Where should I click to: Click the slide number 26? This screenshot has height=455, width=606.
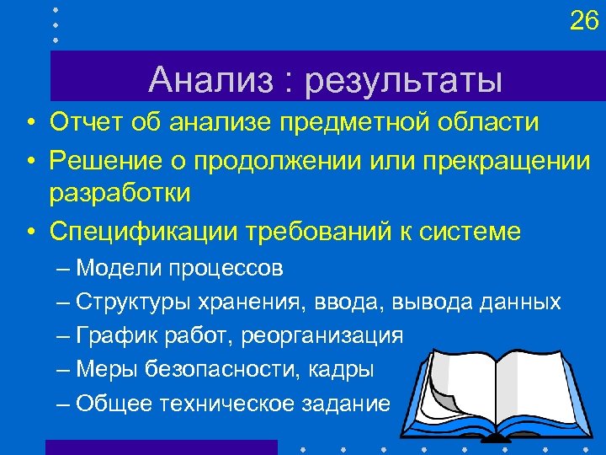[583, 20]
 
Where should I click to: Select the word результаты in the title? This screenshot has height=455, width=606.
[404, 82]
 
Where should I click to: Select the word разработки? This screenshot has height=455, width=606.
[120, 192]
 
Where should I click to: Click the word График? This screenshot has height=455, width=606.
[112, 335]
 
